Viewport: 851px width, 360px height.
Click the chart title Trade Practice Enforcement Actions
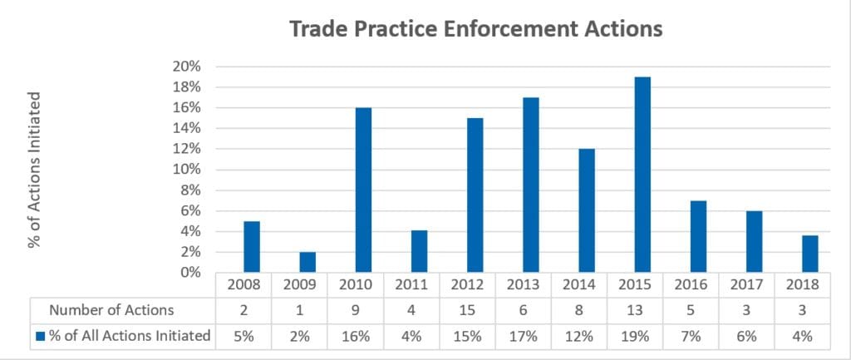click(x=475, y=29)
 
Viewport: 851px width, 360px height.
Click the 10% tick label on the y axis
click(x=188, y=170)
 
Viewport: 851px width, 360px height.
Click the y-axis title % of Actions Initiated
click(x=35, y=170)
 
